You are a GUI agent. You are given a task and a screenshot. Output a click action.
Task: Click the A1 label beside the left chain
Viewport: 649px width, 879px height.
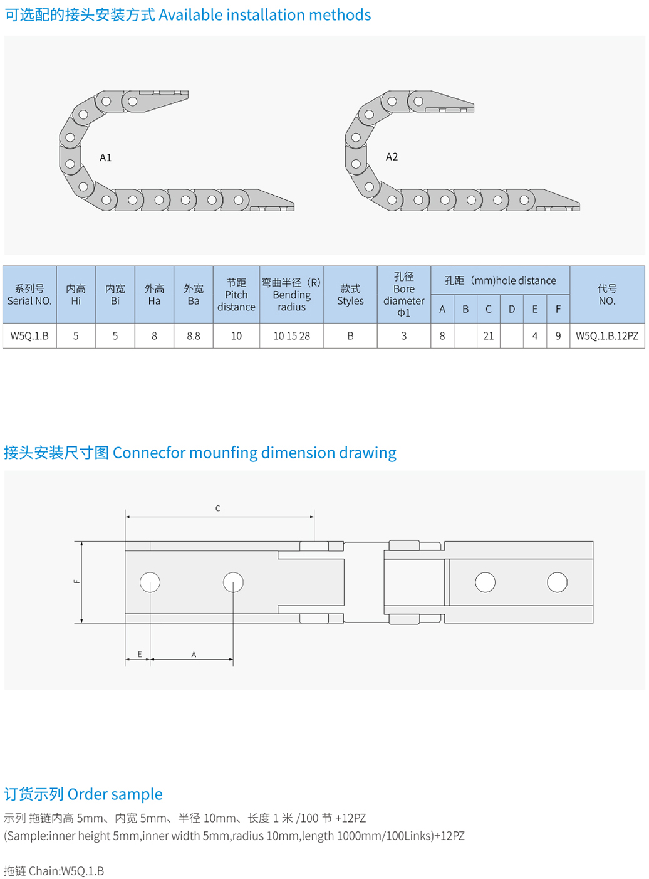pos(105,157)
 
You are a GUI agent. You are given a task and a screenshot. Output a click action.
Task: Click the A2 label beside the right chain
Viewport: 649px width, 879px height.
pos(392,157)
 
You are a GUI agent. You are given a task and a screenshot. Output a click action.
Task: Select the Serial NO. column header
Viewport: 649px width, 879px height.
pos(29,295)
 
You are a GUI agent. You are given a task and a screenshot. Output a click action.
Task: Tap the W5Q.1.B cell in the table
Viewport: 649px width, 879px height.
pos(29,336)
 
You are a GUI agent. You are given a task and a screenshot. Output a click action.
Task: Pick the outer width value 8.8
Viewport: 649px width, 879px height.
pos(194,336)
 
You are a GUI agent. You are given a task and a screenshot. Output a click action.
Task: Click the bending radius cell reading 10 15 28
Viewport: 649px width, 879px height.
pos(291,336)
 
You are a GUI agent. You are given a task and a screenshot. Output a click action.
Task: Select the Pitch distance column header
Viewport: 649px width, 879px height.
pos(236,295)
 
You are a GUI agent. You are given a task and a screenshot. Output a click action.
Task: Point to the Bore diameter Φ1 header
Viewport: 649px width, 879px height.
pos(403,295)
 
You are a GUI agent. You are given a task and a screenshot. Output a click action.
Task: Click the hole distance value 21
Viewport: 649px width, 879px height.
pos(489,336)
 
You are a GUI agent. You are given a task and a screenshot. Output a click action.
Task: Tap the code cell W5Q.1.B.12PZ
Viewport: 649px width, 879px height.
pos(607,336)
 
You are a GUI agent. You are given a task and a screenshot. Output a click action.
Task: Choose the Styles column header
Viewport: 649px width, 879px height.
pos(350,295)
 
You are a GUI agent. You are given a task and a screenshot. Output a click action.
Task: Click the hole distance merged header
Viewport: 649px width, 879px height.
pos(500,280)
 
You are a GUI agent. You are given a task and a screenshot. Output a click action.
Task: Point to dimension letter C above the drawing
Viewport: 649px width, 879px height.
pos(217,508)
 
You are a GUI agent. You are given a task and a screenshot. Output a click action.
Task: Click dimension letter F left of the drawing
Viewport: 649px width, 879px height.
pos(76,581)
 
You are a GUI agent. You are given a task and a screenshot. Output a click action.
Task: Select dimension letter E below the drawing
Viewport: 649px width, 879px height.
pos(140,655)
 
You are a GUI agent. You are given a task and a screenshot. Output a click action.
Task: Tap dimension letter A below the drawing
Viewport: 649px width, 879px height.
pos(194,655)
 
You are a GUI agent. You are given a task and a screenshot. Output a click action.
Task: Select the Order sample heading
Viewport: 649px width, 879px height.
pos(115,794)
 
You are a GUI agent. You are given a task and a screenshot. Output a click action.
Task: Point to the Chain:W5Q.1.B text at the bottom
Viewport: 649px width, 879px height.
pos(66,871)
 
